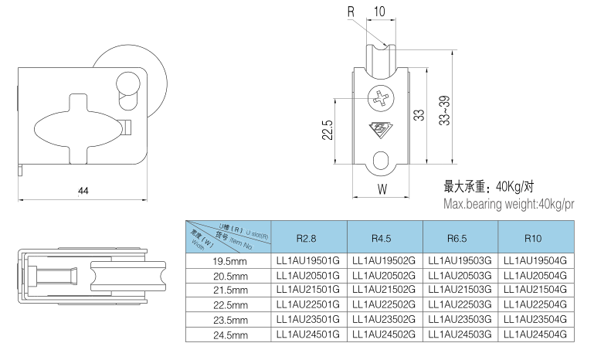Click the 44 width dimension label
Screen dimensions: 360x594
click(83, 190)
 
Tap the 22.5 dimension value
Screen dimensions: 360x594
click(328, 130)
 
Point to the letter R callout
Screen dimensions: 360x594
click(351, 12)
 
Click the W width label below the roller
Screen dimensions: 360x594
click(382, 188)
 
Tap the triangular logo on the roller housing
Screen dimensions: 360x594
click(382, 129)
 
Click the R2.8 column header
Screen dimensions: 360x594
click(307, 238)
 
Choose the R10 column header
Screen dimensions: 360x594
click(535, 238)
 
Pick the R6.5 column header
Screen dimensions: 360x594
click(459, 238)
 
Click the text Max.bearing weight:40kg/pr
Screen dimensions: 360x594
click(509, 204)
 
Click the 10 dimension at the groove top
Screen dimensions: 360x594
click(379, 12)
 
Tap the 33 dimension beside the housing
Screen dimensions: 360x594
click(419, 115)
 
